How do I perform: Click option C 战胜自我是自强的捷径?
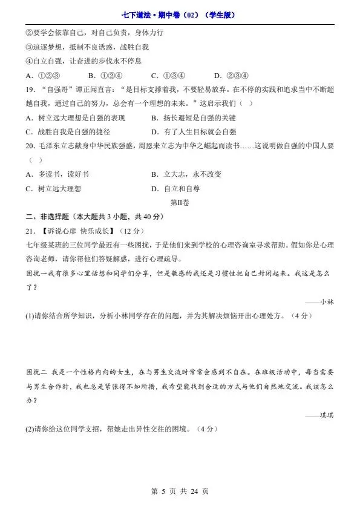tap(67, 131)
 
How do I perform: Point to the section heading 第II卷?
tap(180, 203)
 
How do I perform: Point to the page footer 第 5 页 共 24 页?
tap(180, 491)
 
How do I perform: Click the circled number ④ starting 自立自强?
tap(29, 61)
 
